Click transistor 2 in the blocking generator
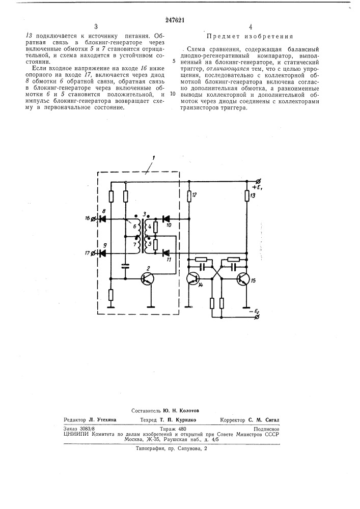pos(148,278)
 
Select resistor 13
pos(246,196)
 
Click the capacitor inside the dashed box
pos(125,265)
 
